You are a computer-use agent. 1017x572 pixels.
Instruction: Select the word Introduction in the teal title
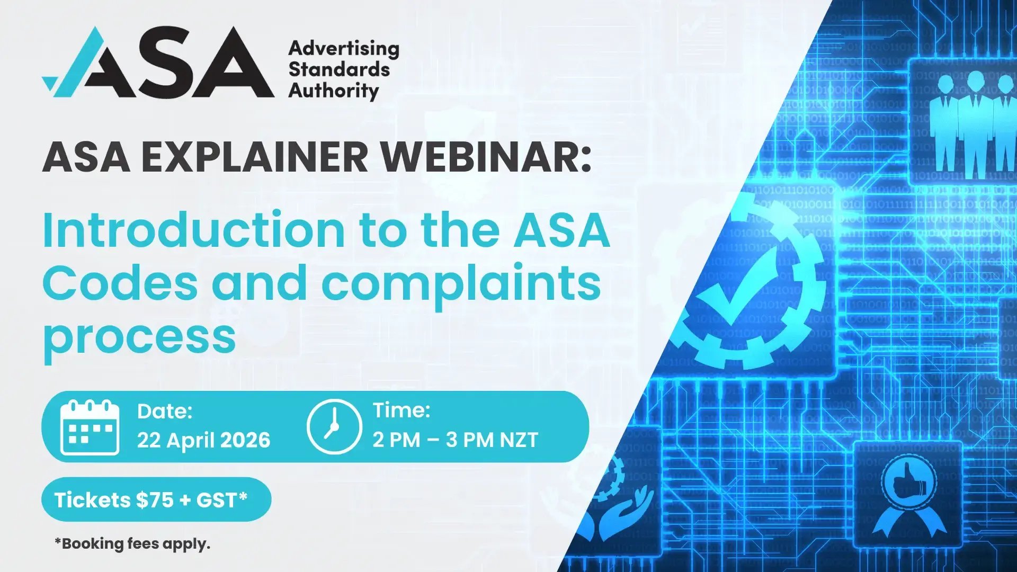tap(193, 230)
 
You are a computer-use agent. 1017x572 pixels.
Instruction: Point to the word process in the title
tap(139, 337)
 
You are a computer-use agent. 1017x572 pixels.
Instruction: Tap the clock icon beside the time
tap(334, 426)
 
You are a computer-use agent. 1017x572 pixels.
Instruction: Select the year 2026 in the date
tap(245, 440)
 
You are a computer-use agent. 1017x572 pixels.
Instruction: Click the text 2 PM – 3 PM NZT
tap(455, 440)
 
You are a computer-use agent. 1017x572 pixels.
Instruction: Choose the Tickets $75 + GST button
tap(156, 499)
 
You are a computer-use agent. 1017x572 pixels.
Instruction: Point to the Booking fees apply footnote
tap(132, 544)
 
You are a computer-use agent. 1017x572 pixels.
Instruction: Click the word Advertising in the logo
tap(344, 49)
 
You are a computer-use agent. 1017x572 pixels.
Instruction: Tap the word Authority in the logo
tap(334, 91)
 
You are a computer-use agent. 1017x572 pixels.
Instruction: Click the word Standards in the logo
tap(339, 69)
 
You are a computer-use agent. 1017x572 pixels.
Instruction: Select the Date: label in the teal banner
tap(164, 412)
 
